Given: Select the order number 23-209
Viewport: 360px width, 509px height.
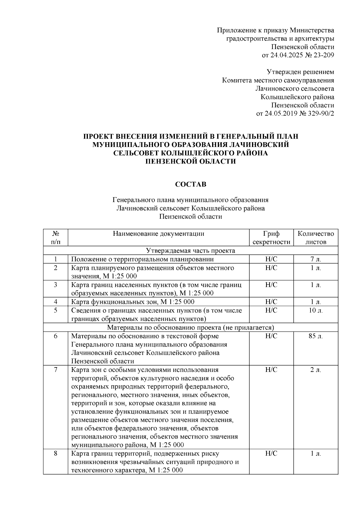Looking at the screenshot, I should (323, 55).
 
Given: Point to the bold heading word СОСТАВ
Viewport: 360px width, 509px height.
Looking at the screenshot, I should (190, 184).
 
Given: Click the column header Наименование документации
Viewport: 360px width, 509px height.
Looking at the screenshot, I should (158, 234).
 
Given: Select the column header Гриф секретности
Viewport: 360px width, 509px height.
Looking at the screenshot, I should (271, 238).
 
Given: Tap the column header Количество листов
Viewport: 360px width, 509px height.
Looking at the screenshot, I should (316, 238).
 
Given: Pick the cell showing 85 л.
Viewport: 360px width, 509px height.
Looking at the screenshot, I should (316, 336).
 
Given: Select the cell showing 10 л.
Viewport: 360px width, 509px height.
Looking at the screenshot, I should (316, 310).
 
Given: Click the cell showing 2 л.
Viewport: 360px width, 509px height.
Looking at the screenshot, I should (316, 370).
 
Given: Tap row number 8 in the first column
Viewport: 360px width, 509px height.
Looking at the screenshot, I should (55, 454).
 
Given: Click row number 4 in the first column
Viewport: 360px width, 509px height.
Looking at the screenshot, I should (55, 302).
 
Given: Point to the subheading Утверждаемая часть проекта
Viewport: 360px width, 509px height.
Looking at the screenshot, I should (190, 251).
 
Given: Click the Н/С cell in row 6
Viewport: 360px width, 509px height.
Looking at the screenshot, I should (271, 336).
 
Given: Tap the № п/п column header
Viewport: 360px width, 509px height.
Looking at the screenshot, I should (55, 238).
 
